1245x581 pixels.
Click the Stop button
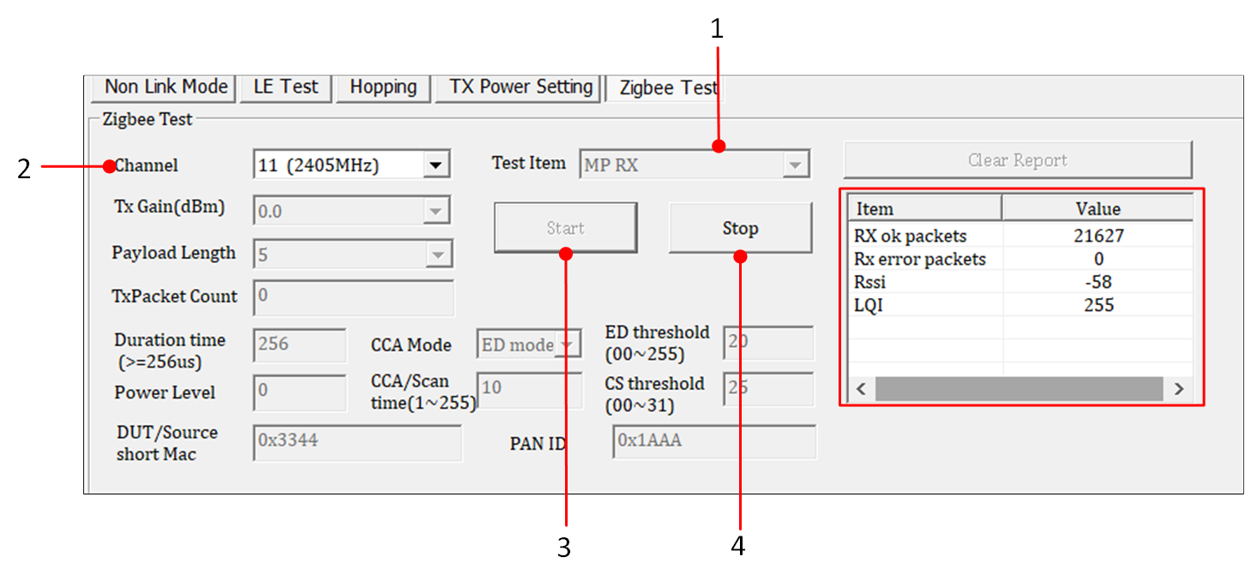click(x=739, y=228)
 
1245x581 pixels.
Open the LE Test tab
click(x=286, y=87)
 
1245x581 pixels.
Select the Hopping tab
click(x=383, y=87)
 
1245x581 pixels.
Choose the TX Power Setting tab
click(x=521, y=87)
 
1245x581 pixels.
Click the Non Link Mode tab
click(x=166, y=87)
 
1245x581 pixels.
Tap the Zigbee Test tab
click(x=668, y=88)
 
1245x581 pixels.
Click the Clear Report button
click(x=1017, y=160)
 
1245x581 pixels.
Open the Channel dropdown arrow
click(x=436, y=165)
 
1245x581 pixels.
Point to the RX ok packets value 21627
click(x=1098, y=237)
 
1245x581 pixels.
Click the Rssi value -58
click(x=1098, y=282)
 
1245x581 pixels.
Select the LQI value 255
click(x=1098, y=305)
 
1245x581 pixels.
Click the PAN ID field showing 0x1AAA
click(x=714, y=441)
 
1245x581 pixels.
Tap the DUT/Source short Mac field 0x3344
click(x=357, y=442)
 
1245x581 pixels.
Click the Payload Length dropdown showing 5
click(x=352, y=255)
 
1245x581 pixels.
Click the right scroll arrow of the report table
click(x=1179, y=389)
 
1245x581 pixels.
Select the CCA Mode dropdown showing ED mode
click(x=528, y=344)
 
